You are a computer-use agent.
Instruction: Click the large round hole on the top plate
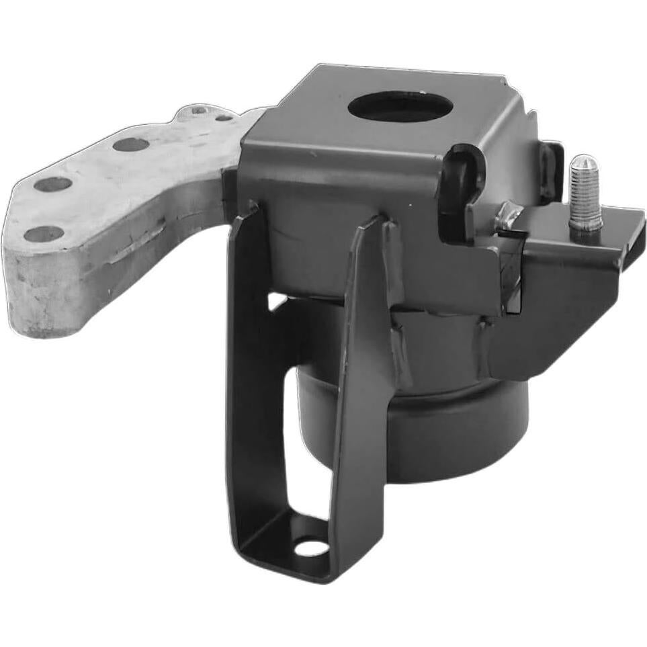coord(400,107)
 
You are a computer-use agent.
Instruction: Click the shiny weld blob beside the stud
coord(507,217)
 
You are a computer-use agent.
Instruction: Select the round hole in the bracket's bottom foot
coord(312,546)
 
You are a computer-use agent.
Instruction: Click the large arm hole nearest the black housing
coord(130,144)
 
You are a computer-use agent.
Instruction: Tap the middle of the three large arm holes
coord(53,183)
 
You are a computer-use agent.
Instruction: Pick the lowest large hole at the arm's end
coord(44,234)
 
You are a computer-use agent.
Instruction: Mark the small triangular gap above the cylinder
coord(277,302)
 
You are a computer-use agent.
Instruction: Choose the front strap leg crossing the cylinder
coord(363,376)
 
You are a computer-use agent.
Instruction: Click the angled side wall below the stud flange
coord(564,302)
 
